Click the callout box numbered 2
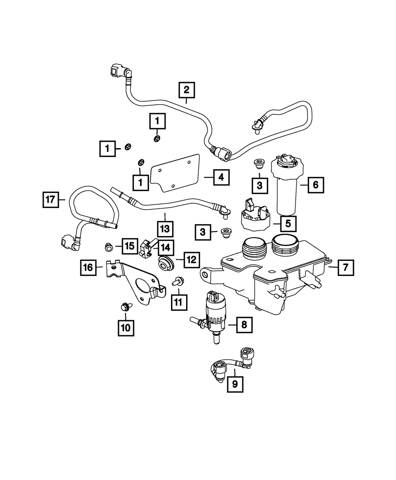click(187, 89)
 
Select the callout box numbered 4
click(221, 178)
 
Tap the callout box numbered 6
click(316, 184)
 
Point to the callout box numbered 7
click(345, 268)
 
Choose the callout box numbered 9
click(235, 383)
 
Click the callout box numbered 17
click(51, 200)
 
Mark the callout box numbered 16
click(88, 268)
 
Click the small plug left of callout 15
click(107, 247)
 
